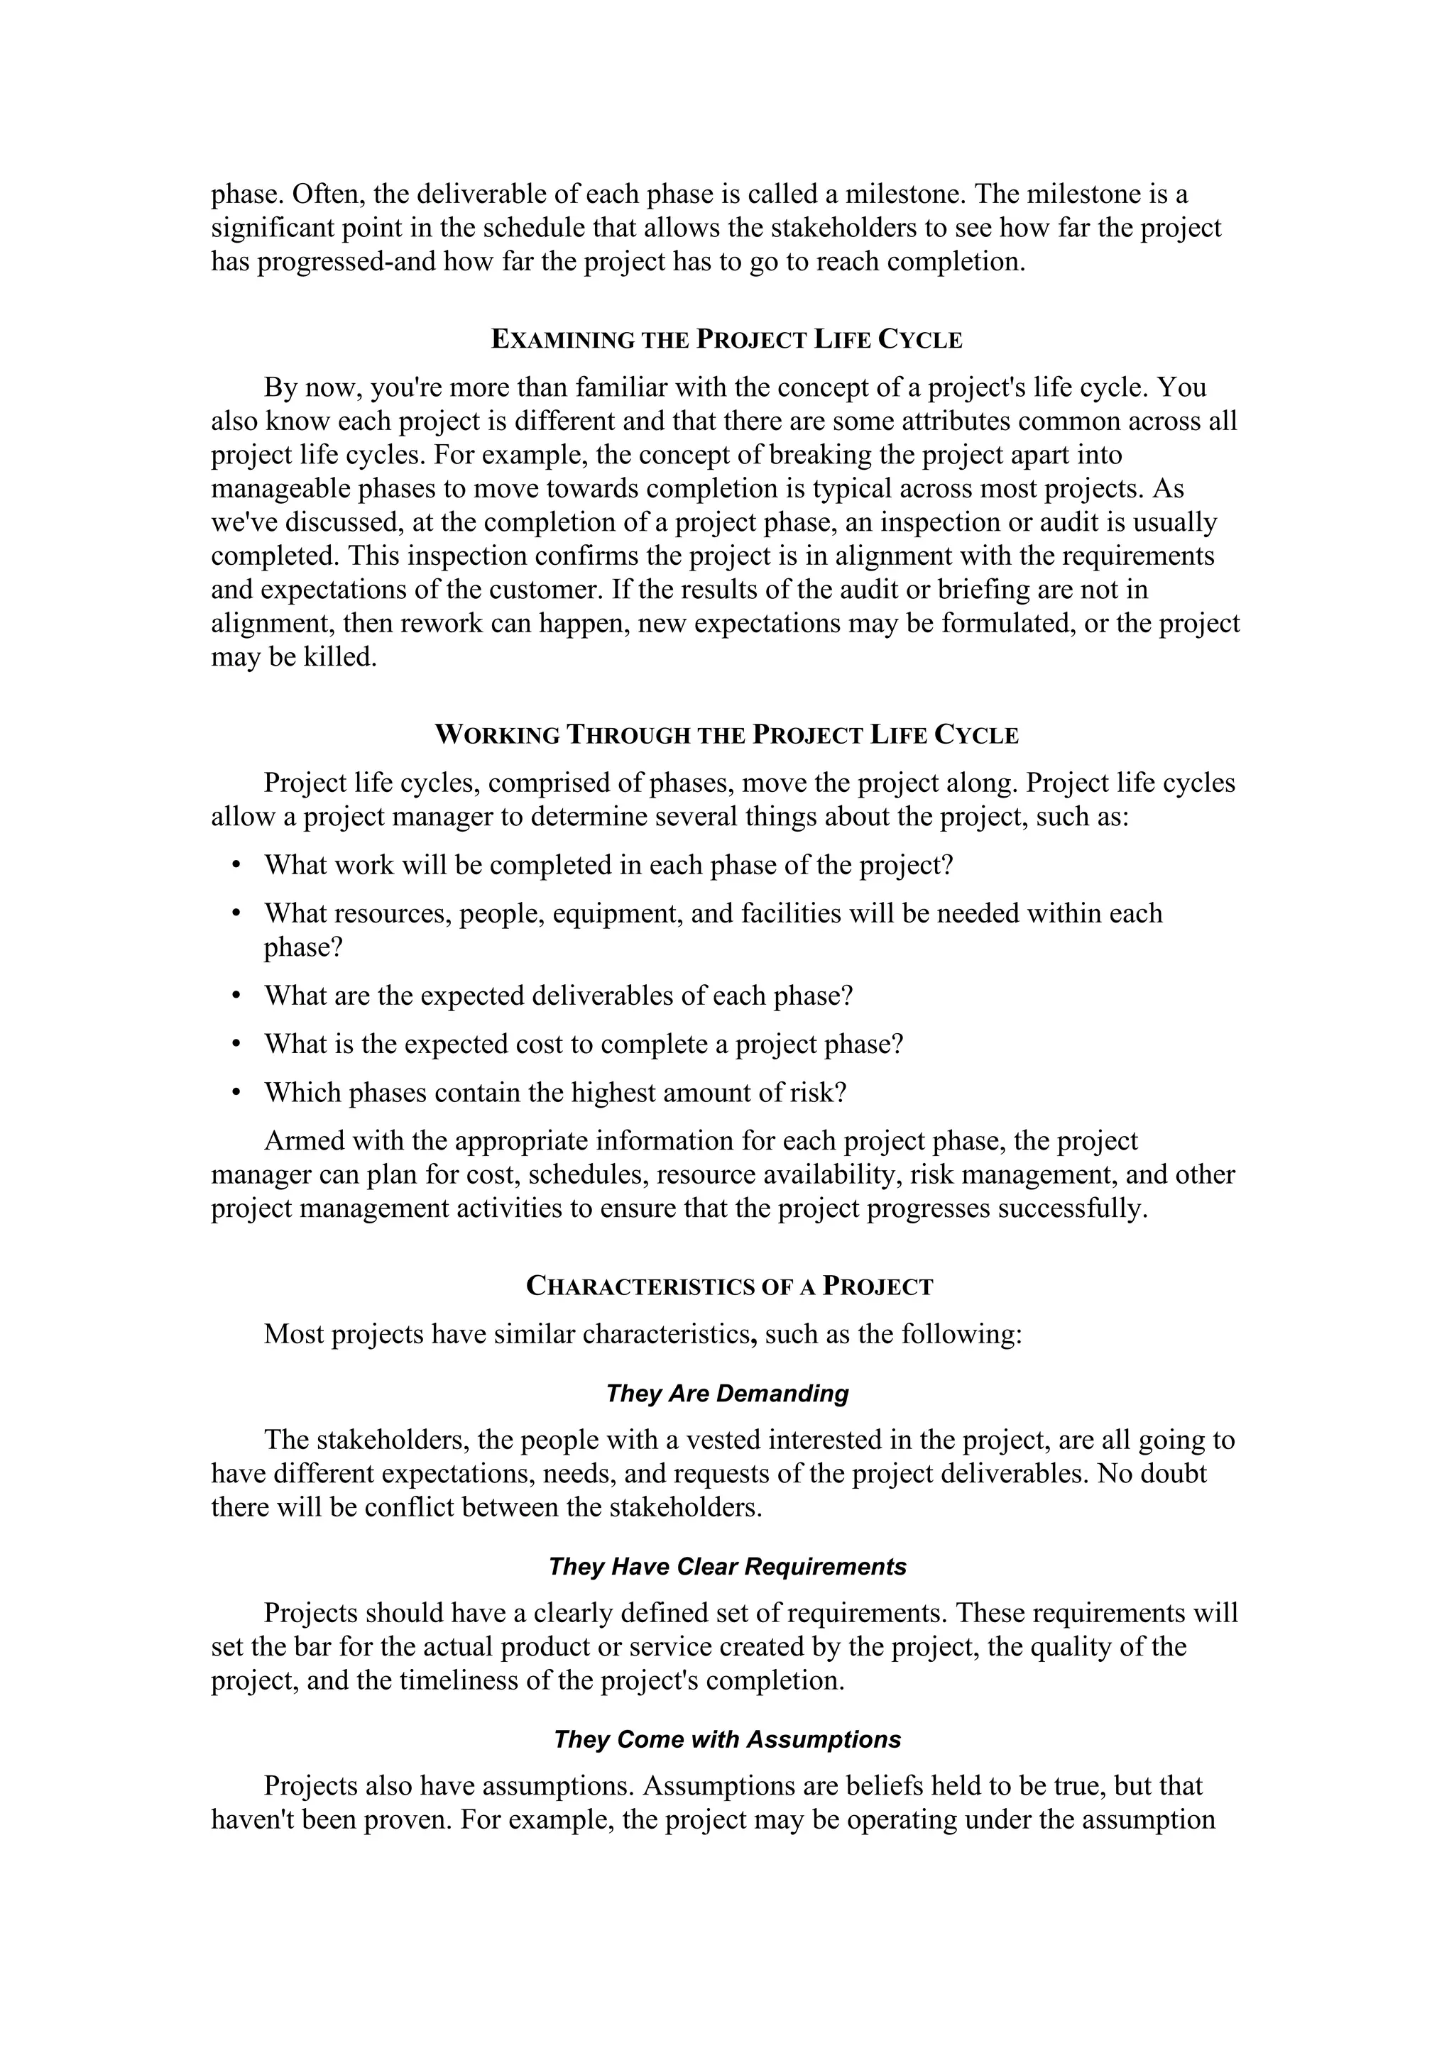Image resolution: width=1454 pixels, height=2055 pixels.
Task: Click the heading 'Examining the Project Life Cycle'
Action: pyautogui.click(x=727, y=340)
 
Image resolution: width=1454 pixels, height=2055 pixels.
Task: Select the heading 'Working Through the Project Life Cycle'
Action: pyautogui.click(x=727, y=736)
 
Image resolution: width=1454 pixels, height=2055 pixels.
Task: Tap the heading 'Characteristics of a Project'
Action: pyautogui.click(x=729, y=1287)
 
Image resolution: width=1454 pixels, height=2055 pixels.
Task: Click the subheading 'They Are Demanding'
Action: pyautogui.click(x=727, y=1394)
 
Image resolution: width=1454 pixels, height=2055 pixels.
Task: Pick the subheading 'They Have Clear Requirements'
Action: pyautogui.click(x=727, y=1566)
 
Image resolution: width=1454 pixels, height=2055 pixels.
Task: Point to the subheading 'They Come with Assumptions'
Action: pyautogui.click(x=727, y=1739)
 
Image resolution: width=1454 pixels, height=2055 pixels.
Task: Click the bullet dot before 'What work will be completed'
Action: pyautogui.click(x=236, y=866)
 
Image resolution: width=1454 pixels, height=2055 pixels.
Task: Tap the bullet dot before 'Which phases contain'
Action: pyautogui.click(x=236, y=1093)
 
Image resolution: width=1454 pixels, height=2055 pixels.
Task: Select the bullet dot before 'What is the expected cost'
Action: pyautogui.click(x=236, y=1045)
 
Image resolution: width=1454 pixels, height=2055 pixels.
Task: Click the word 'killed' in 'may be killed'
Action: pyautogui.click(x=341, y=658)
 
